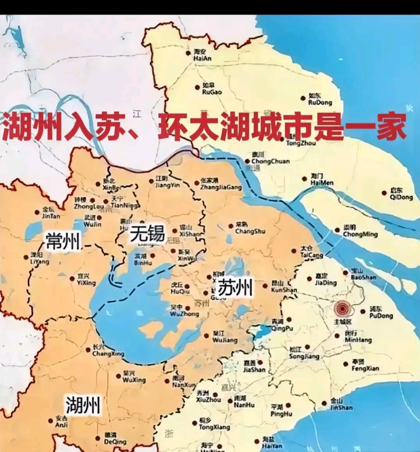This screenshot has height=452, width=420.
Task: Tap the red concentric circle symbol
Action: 342,309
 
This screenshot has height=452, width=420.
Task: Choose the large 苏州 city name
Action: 235,288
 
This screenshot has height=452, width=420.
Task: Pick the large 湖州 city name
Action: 83,405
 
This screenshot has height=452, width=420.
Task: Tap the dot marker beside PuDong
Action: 363,311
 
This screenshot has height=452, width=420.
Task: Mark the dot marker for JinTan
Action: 37,212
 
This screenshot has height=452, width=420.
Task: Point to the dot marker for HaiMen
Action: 304,179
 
